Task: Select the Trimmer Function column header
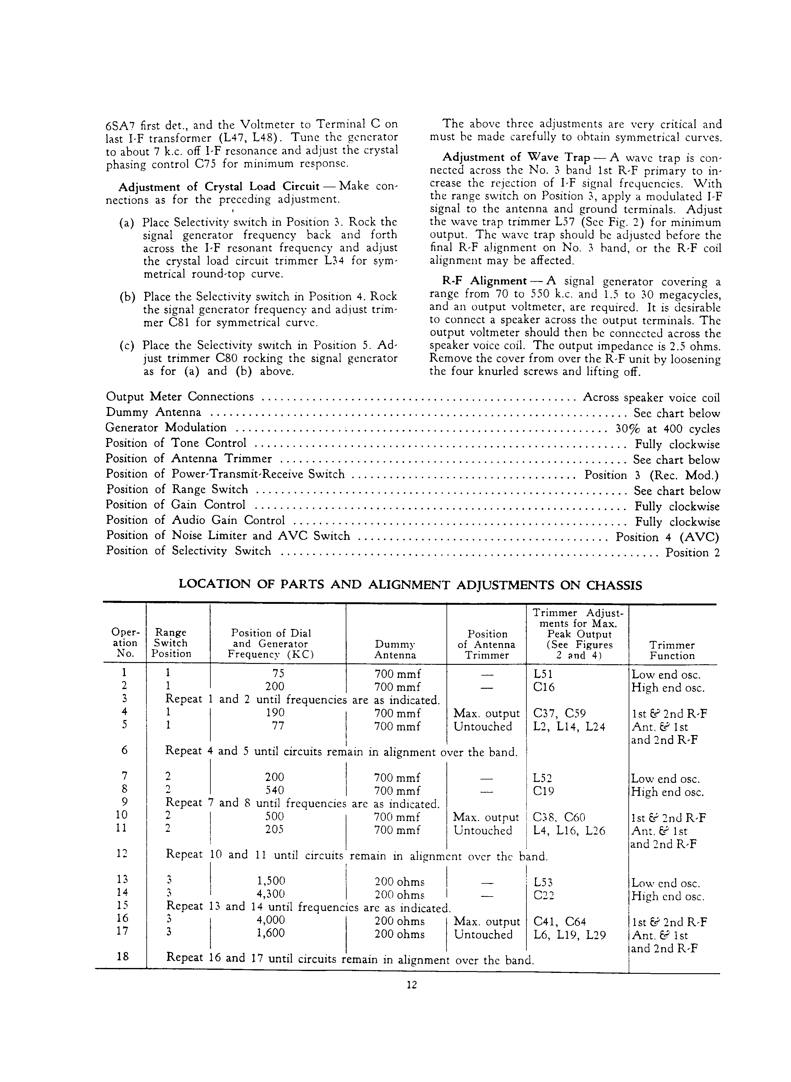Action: click(672, 650)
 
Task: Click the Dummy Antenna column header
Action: click(395, 650)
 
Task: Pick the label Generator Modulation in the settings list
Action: click(166, 428)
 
